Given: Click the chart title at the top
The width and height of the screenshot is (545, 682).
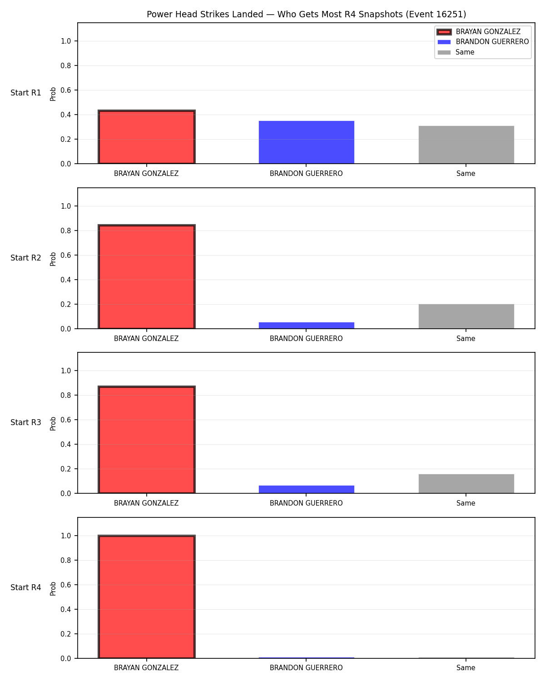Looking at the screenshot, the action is [306, 14].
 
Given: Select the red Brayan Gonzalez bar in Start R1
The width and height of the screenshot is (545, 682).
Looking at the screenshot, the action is [147, 137].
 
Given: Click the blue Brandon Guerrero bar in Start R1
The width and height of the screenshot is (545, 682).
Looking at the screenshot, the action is [306, 142].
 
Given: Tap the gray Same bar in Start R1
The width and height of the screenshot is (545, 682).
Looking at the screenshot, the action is [466, 145].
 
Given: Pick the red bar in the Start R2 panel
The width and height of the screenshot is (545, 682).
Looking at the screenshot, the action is [147, 277].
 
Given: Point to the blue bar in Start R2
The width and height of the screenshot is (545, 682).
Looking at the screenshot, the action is [306, 326].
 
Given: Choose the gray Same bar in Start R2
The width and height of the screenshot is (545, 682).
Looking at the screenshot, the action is [466, 316].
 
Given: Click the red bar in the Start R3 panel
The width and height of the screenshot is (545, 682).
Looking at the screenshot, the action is [147, 440].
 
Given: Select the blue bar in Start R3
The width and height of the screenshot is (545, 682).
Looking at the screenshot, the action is [306, 489].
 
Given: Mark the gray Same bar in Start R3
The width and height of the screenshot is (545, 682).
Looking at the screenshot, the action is [466, 484].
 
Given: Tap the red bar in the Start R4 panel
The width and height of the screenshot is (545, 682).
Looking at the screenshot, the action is [147, 597].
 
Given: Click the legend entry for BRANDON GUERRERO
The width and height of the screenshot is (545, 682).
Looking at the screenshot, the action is [483, 42].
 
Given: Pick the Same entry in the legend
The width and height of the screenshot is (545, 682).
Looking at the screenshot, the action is [456, 52].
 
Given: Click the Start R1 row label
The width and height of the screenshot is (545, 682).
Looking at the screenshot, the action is [25, 93].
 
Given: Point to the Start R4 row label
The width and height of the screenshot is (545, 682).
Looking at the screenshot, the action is [25, 587].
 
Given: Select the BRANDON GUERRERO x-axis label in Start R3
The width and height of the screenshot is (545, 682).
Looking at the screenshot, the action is [306, 503].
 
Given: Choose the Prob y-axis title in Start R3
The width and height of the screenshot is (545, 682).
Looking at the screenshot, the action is [53, 424].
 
